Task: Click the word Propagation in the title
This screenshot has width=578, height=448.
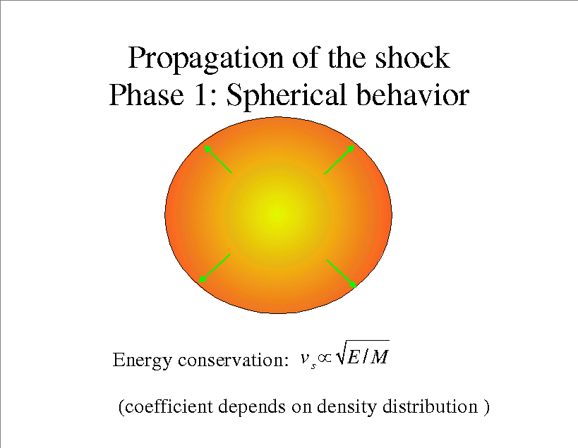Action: [206, 59]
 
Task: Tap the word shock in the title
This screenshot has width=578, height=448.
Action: [412, 57]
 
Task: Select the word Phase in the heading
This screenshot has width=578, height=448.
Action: [146, 95]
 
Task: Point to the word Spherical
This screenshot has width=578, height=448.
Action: [287, 97]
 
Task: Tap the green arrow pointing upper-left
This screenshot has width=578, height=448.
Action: [218, 159]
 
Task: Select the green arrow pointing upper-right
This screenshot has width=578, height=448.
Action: [339, 159]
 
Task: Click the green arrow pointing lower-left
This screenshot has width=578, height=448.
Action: [215, 269]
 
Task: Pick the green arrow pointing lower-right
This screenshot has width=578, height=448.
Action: [342, 274]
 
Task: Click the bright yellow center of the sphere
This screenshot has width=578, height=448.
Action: [277, 213]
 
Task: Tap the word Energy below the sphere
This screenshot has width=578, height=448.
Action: [142, 361]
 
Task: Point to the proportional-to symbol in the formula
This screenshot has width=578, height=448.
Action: [325, 358]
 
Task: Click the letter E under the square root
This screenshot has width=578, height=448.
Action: [353, 356]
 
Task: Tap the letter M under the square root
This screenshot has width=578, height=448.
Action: [379, 356]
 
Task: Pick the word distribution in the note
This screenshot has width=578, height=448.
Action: [430, 406]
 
